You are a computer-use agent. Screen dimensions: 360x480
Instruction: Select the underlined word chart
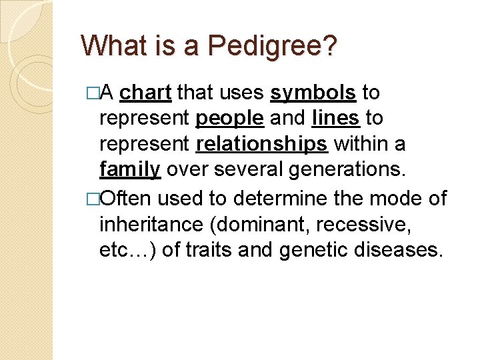point(146,93)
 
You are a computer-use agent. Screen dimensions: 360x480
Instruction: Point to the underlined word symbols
point(313,93)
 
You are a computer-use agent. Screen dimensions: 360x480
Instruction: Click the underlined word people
point(230,119)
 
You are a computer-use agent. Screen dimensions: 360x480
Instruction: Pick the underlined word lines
point(336,119)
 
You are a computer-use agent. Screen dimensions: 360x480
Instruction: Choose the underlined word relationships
point(262,144)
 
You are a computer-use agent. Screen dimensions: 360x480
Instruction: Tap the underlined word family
point(129,170)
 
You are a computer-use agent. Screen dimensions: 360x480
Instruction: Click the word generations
point(346,170)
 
